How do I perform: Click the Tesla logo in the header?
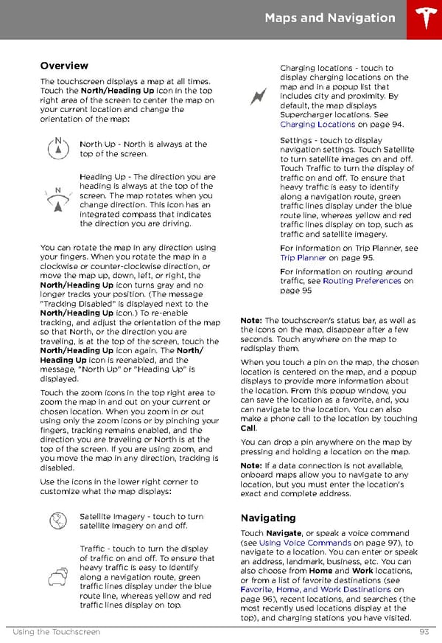423,19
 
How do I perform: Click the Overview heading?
64,66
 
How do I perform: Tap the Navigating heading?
268,518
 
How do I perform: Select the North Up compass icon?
57,148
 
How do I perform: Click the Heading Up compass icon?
57,199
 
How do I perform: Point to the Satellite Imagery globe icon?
57,521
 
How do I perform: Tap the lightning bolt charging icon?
259,96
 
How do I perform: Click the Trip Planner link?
303,258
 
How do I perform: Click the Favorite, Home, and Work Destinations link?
322,590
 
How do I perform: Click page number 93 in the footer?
424,632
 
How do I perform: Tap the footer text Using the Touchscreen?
56,632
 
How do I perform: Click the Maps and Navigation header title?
329,18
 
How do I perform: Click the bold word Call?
248,428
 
